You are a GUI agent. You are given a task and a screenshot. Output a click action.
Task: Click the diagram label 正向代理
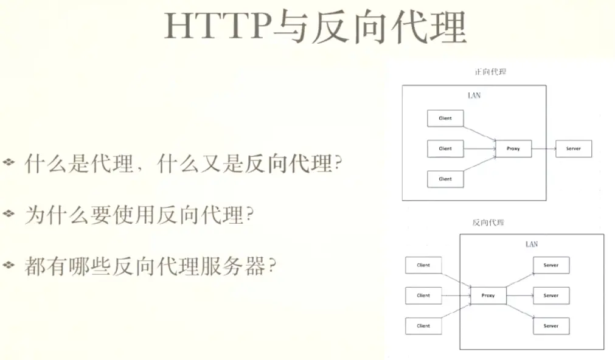[x=490, y=71]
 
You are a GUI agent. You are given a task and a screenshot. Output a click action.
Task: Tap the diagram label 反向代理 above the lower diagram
[x=488, y=223]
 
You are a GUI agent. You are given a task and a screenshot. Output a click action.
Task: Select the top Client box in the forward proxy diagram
[x=445, y=118]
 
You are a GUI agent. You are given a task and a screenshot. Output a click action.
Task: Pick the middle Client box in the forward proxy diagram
[x=445, y=148]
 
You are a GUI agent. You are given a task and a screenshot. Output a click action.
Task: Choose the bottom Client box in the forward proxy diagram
[x=445, y=179]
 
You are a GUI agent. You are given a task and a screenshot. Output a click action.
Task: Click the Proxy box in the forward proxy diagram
[x=513, y=148]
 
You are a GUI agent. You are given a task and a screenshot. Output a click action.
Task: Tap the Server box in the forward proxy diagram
[x=573, y=148]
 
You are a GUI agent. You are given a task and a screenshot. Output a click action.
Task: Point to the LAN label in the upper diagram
[x=474, y=95]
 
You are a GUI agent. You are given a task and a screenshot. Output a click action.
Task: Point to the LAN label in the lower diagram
[x=531, y=244]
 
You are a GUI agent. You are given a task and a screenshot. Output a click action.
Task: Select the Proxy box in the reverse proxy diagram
[x=488, y=296]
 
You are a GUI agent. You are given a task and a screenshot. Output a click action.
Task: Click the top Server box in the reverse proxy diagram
[x=551, y=265]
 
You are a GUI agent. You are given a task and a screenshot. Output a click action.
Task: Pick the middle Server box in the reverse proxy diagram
[x=551, y=296]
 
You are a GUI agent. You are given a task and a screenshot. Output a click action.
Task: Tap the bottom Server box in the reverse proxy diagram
[x=551, y=326]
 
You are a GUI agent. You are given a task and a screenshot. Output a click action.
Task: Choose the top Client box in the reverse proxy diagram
[x=423, y=265]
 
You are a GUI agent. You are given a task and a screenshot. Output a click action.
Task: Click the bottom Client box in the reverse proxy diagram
[x=423, y=326]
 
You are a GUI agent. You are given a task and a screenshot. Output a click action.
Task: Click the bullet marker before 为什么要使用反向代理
[x=9, y=213]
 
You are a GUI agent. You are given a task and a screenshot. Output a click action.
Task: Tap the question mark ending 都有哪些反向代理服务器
[x=272, y=266]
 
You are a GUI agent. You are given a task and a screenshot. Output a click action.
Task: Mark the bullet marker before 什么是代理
[x=9, y=162]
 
